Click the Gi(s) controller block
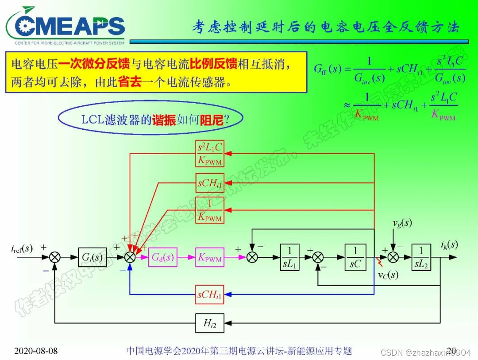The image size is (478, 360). tap(92, 257)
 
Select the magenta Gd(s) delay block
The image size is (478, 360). tap(162, 257)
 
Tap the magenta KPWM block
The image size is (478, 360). tap(209, 257)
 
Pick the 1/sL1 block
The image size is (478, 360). tap(290, 257)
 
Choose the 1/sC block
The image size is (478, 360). tap(355, 257)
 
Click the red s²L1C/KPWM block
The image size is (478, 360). tap(209, 153)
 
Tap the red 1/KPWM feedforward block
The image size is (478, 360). tap(209, 210)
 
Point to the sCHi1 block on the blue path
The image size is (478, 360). tap(209, 294)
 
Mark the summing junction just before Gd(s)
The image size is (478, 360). tap(130, 257)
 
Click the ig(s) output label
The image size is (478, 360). tap(449, 244)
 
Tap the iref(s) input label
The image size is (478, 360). tap(22, 248)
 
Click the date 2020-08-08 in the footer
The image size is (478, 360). tap(36, 351)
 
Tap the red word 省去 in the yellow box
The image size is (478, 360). tap(130, 83)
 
